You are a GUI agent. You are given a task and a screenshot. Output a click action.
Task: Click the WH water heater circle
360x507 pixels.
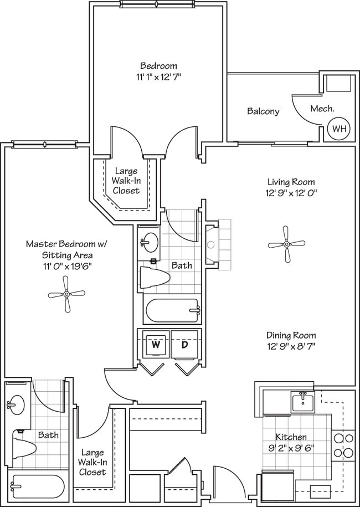(338, 129)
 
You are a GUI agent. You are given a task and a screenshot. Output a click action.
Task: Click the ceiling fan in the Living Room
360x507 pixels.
(286, 244)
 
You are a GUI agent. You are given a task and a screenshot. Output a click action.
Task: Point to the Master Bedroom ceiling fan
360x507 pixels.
(66, 294)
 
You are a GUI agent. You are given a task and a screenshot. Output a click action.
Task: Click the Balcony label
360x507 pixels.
(263, 111)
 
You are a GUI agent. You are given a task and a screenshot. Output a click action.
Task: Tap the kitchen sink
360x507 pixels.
(302, 401)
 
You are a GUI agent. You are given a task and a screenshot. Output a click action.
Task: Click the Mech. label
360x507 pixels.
(322, 109)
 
